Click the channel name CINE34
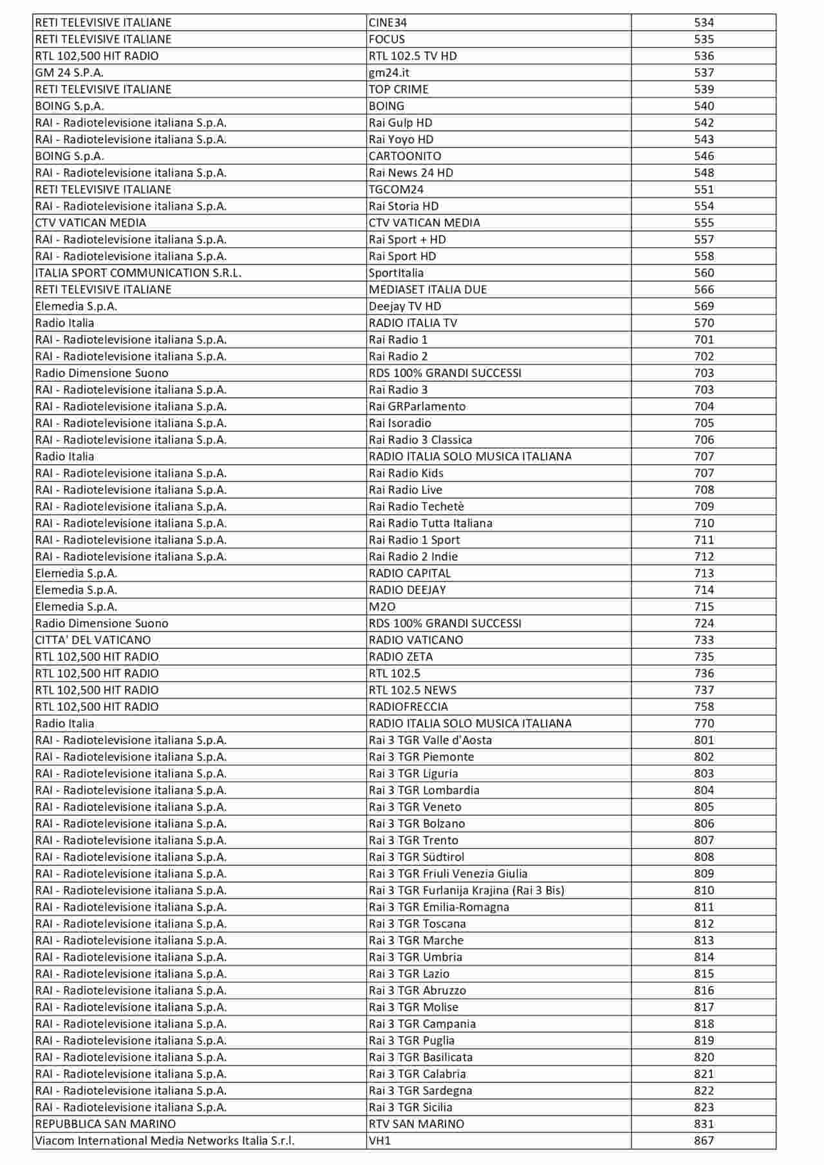pos(388,23)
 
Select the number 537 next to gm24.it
pos(704,73)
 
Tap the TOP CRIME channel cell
pos(398,89)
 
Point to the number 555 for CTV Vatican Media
pos(704,223)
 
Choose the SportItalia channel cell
pos(396,273)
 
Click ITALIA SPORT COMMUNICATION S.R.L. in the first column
pos(138,273)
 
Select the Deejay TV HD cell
pos(405,306)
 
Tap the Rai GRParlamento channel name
pos(417,406)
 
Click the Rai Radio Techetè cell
pos(417,507)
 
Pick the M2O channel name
pos(382,606)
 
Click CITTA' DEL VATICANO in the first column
pos(93,640)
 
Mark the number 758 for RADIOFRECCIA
pos(704,707)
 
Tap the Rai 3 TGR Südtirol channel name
pos(417,857)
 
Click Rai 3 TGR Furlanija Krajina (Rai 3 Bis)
pos(467,890)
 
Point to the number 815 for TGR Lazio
pos(704,974)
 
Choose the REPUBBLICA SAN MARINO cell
pos(106,1124)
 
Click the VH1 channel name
pos(380,1141)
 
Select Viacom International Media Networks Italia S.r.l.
pos(165,1141)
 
